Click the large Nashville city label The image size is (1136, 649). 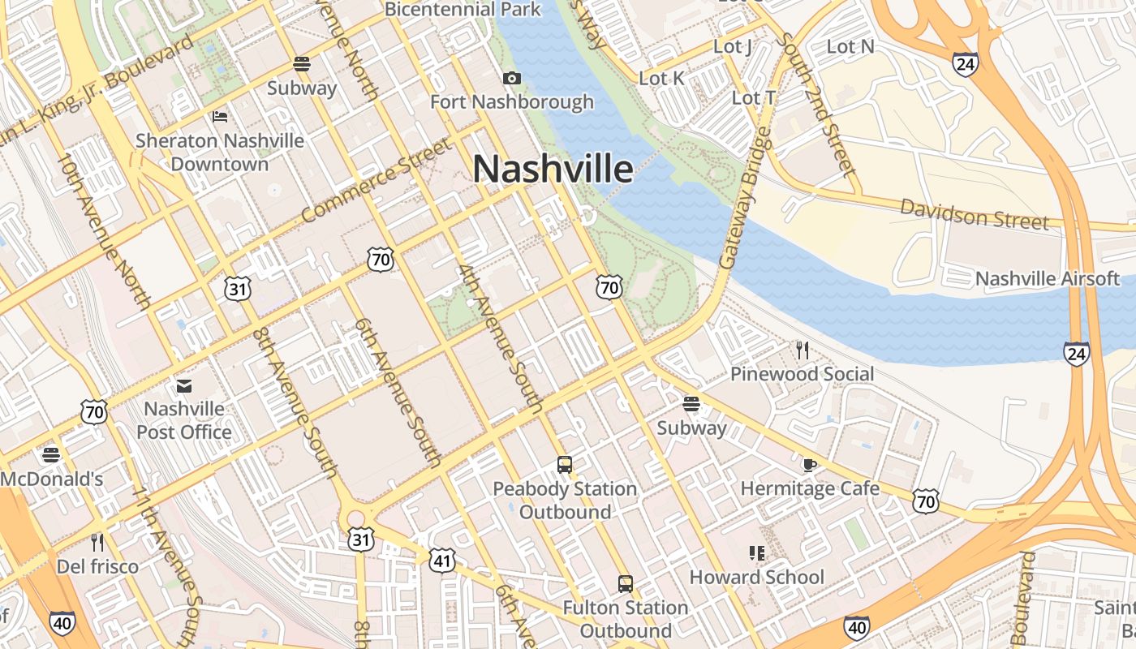pos(553,170)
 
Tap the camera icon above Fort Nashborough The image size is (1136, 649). pos(512,78)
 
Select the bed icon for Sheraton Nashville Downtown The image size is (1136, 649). pos(219,117)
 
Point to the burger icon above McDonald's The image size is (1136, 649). pos(51,454)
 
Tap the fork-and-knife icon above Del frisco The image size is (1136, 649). pos(97,541)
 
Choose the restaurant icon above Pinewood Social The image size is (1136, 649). pos(803,350)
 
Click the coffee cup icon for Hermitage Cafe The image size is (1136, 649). pos(809,465)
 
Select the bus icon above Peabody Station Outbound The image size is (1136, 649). pos(565,465)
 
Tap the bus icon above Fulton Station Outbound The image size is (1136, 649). pos(625,583)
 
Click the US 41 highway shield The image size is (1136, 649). pos(443,560)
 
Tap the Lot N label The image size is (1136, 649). pos(850,47)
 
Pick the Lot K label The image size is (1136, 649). pos(662,78)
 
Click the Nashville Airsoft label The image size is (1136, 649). pos(1048,279)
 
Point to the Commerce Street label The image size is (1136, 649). pos(375,181)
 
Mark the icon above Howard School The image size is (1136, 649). pos(757,553)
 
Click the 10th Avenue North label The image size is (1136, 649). pos(105,231)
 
